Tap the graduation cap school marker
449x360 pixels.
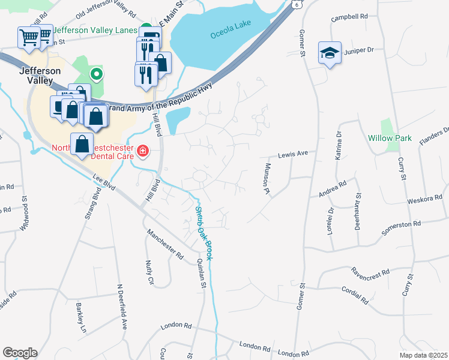pyautogui.click(x=330, y=53)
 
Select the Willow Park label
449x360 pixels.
pyautogui.click(x=390, y=138)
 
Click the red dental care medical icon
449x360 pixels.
pyautogui.click(x=143, y=151)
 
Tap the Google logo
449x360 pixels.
pyautogui.click(x=20, y=353)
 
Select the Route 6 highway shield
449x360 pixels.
pyautogui.click(x=297, y=4)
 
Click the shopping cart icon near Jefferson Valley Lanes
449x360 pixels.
pyautogui.click(x=28, y=37)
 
